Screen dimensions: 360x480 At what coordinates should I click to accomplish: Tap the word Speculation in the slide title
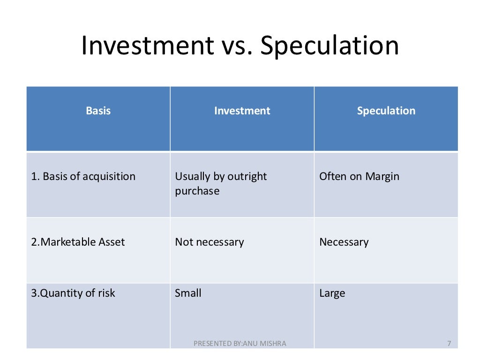(330, 46)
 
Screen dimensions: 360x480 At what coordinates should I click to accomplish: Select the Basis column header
(98, 111)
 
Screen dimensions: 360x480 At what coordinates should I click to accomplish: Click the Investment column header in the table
(242, 111)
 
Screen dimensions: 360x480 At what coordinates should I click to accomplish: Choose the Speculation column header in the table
(386, 111)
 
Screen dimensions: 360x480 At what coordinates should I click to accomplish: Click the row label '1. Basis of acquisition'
(83, 177)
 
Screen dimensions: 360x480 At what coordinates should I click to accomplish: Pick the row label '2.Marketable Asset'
(78, 242)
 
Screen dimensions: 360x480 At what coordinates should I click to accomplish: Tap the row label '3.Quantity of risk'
(73, 293)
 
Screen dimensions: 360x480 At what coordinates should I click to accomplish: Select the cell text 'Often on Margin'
(359, 177)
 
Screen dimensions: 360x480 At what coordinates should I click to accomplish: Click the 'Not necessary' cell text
(210, 242)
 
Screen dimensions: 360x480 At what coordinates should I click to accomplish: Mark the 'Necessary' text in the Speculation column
(344, 242)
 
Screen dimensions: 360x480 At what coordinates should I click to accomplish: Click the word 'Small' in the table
(188, 293)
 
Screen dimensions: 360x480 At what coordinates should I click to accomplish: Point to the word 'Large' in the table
(332, 293)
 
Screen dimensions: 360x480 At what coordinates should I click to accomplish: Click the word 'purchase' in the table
(197, 192)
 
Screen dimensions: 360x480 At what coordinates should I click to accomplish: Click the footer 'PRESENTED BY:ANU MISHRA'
(240, 344)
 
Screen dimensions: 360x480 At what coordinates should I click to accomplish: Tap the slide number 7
(449, 344)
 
